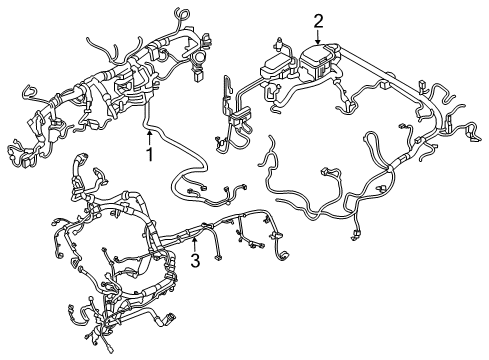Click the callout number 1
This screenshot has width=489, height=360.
(149, 155)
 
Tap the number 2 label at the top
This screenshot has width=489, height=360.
(319, 20)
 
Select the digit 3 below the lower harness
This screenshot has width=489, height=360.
(196, 261)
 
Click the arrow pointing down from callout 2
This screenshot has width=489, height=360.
(319, 37)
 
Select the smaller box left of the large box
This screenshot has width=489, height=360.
(277, 68)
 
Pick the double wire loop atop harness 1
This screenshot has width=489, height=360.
(180, 15)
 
